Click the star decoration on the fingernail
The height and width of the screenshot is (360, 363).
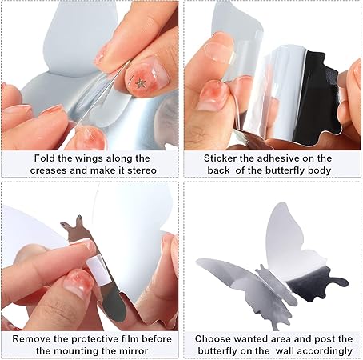click(x=141, y=82)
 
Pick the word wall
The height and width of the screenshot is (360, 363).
click(x=267, y=351)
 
